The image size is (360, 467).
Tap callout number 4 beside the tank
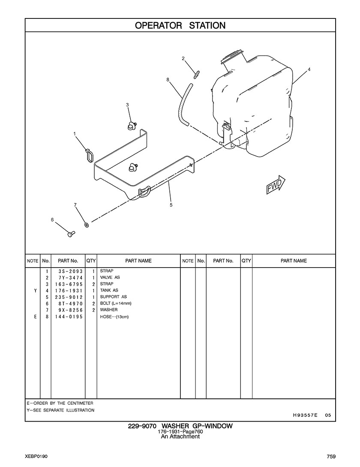tap(309, 69)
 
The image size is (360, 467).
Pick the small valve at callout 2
tap(196, 74)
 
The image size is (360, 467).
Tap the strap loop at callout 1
tap(89, 156)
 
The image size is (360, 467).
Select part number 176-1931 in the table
tap(69, 291)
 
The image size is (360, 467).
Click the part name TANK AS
tap(109, 290)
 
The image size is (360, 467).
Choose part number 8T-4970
tap(71, 304)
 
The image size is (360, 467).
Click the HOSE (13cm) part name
tap(114, 317)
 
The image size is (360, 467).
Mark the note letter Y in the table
tap(36, 291)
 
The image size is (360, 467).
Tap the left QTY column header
tap(91, 261)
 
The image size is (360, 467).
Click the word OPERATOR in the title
tap(158, 26)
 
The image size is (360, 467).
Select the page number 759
tap(331, 456)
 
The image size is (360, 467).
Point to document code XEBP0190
tap(36, 456)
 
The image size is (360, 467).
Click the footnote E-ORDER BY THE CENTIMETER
tap(60, 403)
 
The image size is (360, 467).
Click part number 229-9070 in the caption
tap(142, 426)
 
